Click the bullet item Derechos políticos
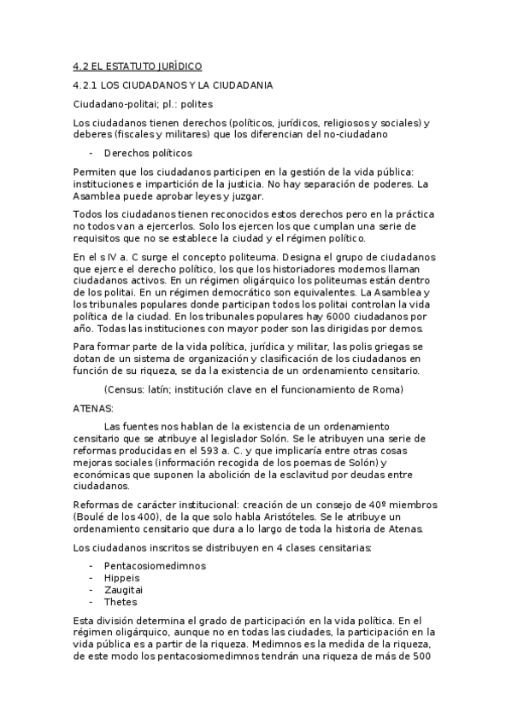[148, 154]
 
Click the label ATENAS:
[88, 409]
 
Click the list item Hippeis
[121, 578]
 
